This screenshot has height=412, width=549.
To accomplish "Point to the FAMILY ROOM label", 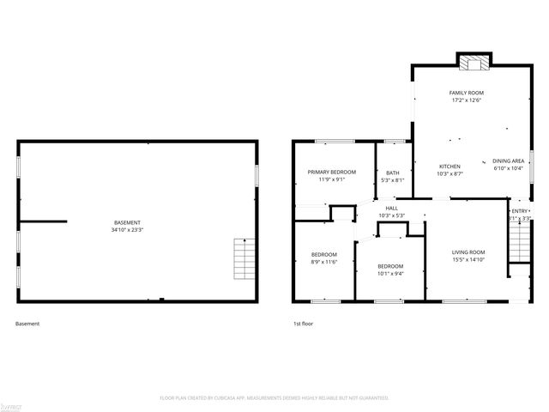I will point(466,92).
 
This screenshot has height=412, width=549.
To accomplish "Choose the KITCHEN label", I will point(449,167).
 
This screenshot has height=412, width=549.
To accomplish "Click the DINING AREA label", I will point(508,161).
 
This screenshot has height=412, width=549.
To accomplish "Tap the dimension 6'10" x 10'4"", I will point(508,169).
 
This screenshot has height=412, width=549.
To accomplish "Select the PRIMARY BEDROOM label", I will point(332,172).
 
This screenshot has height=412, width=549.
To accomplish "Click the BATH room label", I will point(393,173).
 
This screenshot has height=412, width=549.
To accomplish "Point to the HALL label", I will point(391,208).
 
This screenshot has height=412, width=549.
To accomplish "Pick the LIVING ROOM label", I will point(468,251).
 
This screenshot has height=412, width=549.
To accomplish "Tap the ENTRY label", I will point(521,211).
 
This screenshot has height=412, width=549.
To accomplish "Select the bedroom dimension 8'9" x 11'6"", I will point(323,262).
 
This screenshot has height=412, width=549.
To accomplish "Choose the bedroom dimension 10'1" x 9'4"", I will point(390,274).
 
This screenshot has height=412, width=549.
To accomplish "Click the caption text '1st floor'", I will point(304,324).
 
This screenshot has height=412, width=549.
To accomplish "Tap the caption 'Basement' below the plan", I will point(27,324).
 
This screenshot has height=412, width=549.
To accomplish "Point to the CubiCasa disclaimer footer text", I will point(274,397).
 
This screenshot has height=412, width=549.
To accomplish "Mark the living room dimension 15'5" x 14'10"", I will point(468,259).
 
